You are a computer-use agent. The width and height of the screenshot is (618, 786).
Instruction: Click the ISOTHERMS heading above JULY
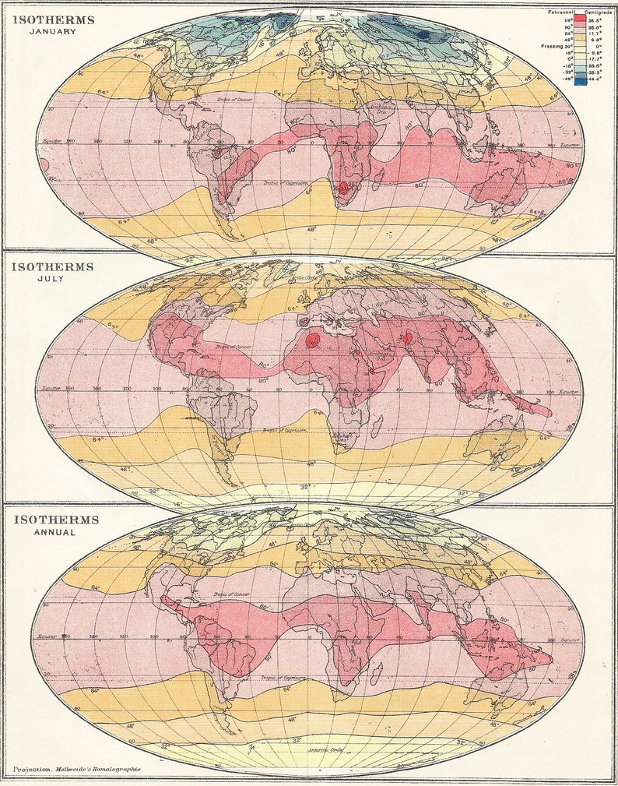[52, 266]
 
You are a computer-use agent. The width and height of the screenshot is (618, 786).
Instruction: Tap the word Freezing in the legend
[552, 47]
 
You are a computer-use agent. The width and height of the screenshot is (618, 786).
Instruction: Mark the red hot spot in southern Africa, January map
[343, 188]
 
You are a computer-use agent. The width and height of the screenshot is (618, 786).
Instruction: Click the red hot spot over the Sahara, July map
[313, 340]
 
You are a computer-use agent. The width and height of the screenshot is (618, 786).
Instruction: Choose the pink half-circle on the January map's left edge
[44, 166]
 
